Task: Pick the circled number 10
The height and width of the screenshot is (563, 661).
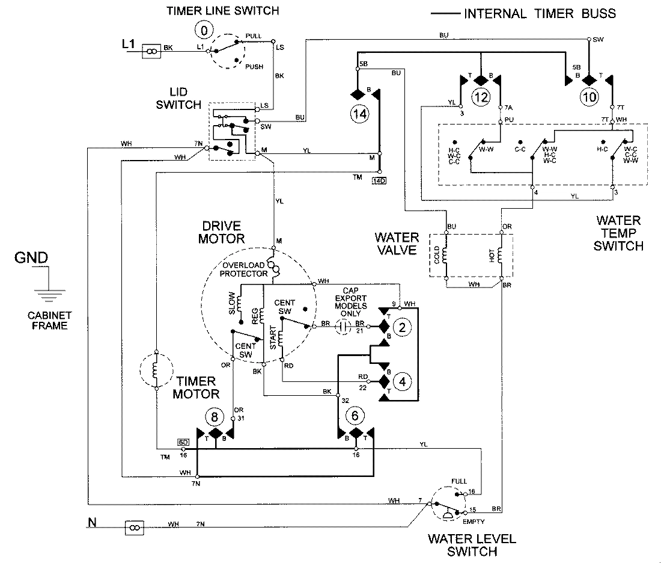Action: (589, 96)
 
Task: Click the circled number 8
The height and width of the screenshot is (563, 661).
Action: (215, 415)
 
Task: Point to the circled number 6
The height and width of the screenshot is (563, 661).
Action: (355, 415)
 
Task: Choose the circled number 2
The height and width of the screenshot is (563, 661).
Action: (403, 327)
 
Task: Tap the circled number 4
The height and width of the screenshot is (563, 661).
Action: (403, 381)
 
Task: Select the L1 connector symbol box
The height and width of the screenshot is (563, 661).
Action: (151, 52)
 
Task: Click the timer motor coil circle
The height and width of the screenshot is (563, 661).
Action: (156, 373)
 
